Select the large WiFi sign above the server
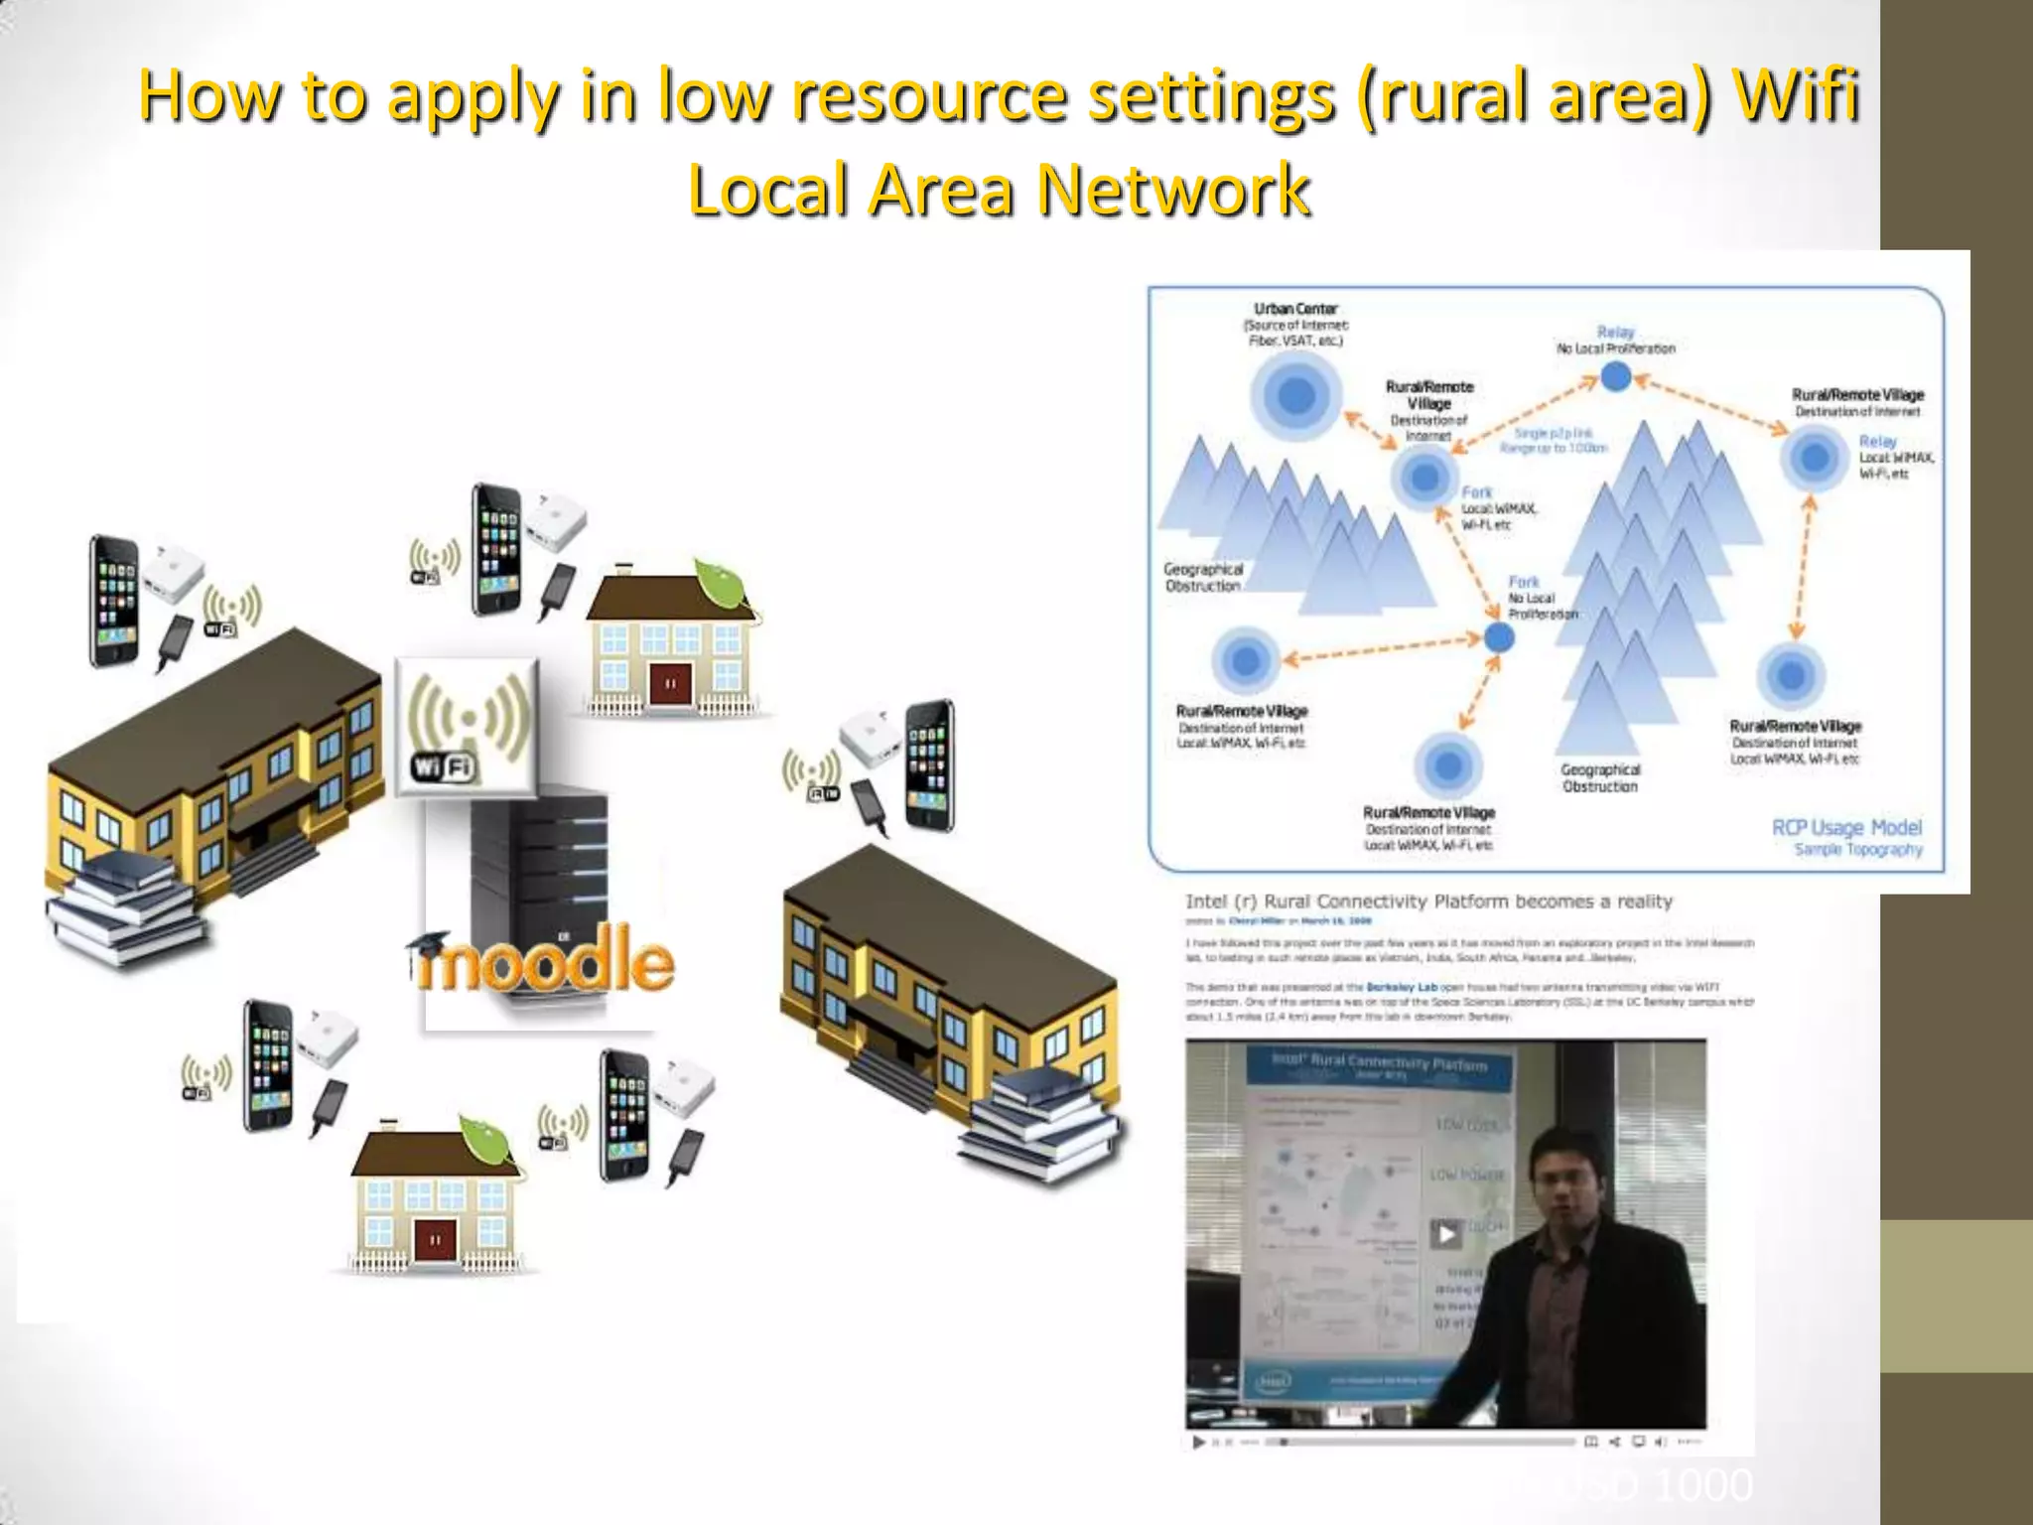(468, 726)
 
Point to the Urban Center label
(1295, 309)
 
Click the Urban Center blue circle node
(1295, 395)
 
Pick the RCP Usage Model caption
(1846, 828)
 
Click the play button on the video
(1445, 1234)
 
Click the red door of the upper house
(670, 682)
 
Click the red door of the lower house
(434, 1238)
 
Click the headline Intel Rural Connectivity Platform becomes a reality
(1428, 901)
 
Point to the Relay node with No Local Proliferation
(1616, 376)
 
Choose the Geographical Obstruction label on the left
(1203, 577)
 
